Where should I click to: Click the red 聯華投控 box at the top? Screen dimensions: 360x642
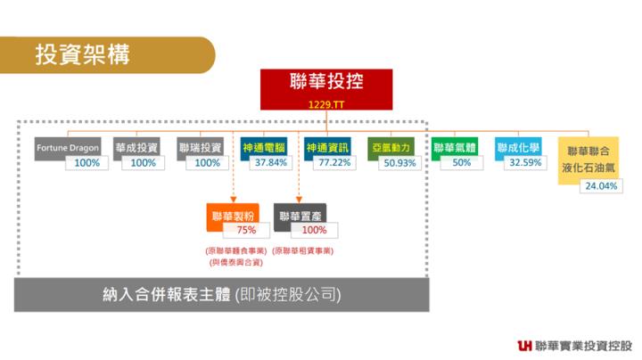coord(327,84)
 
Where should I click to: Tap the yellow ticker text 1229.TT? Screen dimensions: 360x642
coord(327,105)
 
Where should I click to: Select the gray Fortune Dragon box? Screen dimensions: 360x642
coord(68,148)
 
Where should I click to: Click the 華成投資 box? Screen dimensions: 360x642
coord(136,148)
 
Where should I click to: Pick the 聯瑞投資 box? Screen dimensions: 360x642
coord(200,148)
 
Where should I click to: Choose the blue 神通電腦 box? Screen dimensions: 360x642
coord(264,148)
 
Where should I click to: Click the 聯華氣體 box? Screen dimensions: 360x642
coord(455,148)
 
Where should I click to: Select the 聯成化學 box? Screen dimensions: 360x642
coord(518,148)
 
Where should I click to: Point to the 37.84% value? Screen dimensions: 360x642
coord(271,163)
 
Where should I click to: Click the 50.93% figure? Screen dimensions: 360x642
coord(399,163)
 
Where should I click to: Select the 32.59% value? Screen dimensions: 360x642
coord(525,163)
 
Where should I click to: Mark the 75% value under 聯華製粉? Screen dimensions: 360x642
coord(247,230)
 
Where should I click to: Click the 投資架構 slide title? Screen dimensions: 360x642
coord(82,54)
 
